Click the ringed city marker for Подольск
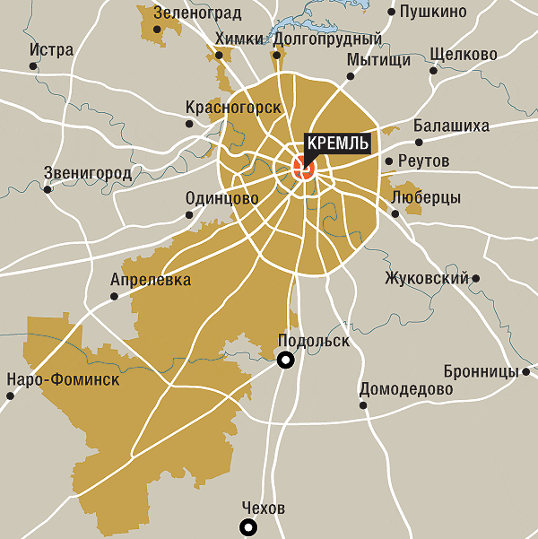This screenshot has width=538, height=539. [286, 361]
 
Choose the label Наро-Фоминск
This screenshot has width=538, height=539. [62, 379]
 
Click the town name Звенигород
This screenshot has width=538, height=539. [87, 173]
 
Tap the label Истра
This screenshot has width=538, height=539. [51, 50]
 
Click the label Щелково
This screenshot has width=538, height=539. [463, 55]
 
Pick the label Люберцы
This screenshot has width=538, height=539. [426, 197]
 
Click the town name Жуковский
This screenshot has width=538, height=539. [426, 278]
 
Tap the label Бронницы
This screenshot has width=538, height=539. [481, 371]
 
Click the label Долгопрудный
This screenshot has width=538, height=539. [326, 39]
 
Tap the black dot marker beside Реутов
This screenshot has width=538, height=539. [388, 162]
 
